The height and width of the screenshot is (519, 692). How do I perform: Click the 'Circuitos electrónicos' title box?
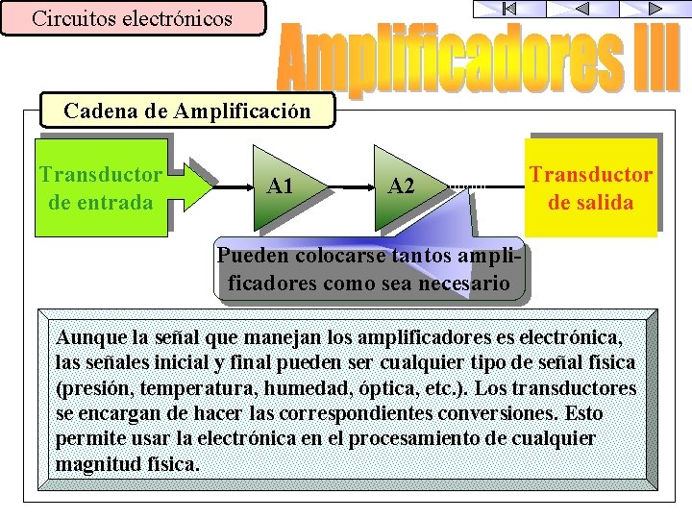pyautogui.click(x=133, y=18)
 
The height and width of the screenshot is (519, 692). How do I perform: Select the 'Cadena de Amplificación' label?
pyautogui.click(x=187, y=111)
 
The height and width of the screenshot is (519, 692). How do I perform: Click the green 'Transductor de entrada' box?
pyautogui.click(x=99, y=188)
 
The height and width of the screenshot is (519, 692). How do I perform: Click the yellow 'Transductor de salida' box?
pyautogui.click(x=590, y=188)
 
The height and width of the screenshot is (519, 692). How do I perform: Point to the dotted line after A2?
pyautogui.click(x=468, y=185)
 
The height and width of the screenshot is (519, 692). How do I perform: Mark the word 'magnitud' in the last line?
pyautogui.click(x=95, y=463)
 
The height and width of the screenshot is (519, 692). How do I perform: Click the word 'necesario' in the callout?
pyautogui.click(x=465, y=284)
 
